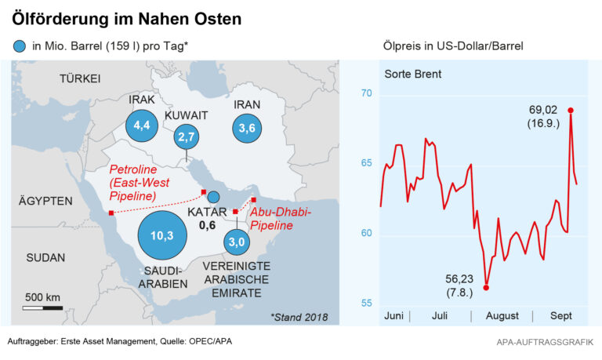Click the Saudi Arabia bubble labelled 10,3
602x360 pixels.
(162, 235)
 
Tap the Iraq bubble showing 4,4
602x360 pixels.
(142, 125)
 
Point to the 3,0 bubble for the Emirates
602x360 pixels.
(238, 243)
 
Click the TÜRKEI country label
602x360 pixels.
(79, 78)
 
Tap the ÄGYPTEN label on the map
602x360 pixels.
(45, 201)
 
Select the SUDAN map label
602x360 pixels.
(45, 257)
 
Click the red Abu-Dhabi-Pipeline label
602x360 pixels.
(281, 219)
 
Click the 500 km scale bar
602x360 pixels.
(42, 307)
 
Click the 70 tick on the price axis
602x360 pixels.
(366, 95)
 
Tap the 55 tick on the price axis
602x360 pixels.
(366, 304)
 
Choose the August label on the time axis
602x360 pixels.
(502, 316)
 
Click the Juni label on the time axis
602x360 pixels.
(394, 316)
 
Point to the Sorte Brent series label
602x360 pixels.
(413, 75)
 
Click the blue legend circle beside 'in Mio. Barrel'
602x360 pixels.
(19, 45)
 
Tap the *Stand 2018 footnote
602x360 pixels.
(299, 317)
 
